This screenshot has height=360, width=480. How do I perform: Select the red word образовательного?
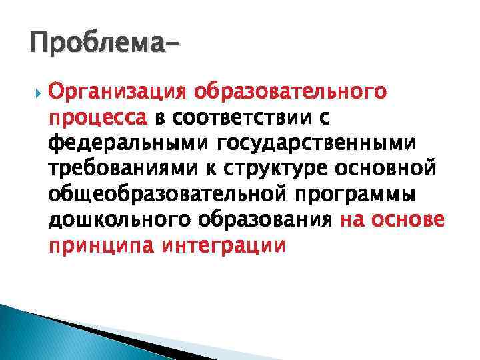297,91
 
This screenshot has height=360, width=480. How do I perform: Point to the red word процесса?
97,118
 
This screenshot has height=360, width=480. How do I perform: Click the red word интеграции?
223,247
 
